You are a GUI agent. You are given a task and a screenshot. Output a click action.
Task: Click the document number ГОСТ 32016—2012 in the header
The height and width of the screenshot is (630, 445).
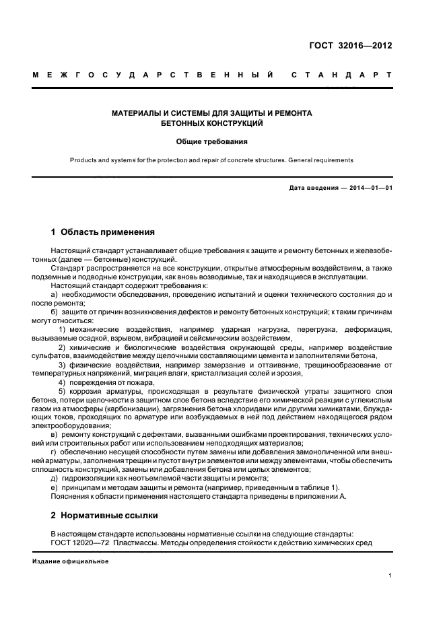(360, 46)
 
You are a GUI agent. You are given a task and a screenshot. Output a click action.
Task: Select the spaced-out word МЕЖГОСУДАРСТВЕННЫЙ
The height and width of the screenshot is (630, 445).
(153, 75)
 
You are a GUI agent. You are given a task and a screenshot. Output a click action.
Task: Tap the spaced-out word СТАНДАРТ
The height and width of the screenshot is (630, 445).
(341, 75)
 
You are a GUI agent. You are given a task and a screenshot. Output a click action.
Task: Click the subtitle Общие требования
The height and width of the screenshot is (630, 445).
(212, 142)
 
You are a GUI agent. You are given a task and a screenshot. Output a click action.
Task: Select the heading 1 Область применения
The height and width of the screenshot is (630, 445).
(103, 232)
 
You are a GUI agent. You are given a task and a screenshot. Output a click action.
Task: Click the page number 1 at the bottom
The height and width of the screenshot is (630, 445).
(390, 575)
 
